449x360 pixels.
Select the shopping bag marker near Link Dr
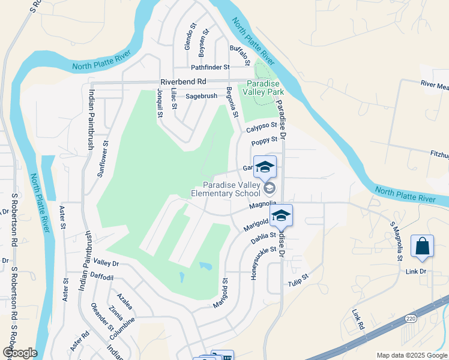(x=422, y=247)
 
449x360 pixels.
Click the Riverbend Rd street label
(x=183, y=82)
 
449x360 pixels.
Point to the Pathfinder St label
(x=210, y=68)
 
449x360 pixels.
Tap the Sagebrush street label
(x=201, y=95)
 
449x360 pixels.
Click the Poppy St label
(x=265, y=142)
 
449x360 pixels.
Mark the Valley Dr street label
(x=106, y=263)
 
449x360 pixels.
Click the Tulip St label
(x=297, y=280)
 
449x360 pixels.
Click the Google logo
(x=20, y=353)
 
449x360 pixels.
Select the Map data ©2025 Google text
(x=412, y=355)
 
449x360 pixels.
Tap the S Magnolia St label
(x=396, y=240)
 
